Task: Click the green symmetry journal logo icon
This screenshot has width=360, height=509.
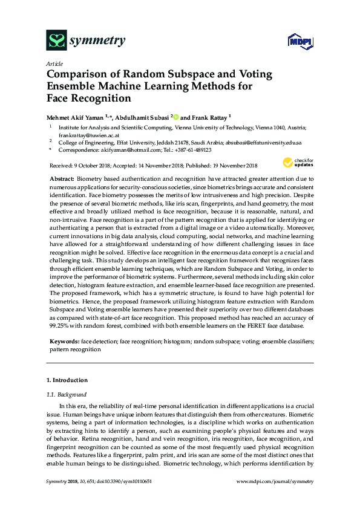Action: pyautogui.click(x=56, y=41)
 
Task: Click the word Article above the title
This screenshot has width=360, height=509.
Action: pyautogui.click(x=54, y=63)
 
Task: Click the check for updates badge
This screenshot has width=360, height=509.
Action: pyautogui.click(x=295, y=163)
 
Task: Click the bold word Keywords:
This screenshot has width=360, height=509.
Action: pyautogui.click(x=64, y=342)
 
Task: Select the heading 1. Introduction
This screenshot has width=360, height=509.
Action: pyautogui.click(x=67, y=380)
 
